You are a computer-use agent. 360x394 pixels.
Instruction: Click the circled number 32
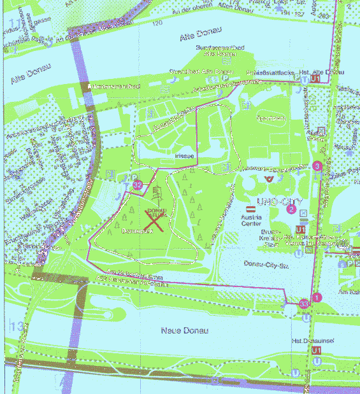138,185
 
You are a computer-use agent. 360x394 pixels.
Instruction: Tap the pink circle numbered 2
291,209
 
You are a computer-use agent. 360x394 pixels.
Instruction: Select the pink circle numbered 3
317,167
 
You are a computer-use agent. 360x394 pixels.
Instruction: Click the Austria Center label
250,222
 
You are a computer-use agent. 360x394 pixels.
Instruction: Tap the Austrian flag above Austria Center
250,209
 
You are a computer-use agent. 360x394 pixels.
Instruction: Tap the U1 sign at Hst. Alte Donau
316,78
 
